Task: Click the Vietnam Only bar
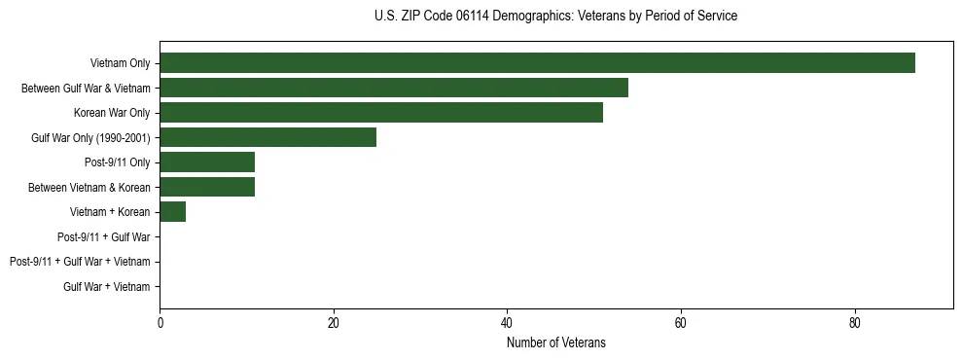click(x=537, y=63)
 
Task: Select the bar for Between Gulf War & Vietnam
click(x=394, y=88)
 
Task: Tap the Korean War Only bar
click(x=381, y=113)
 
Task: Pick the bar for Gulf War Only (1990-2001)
click(x=267, y=137)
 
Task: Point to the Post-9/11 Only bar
click(x=207, y=162)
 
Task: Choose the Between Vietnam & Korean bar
click(x=207, y=187)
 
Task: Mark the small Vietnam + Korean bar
click(x=172, y=212)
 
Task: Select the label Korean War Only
click(x=112, y=113)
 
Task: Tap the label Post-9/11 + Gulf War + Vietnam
click(x=80, y=262)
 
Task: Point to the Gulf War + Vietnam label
click(x=107, y=287)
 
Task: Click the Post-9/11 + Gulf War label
click(x=104, y=236)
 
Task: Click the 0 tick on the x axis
click(x=160, y=324)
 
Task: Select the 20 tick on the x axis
click(x=334, y=324)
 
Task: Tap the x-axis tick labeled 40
click(x=507, y=324)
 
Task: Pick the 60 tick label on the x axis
click(x=681, y=324)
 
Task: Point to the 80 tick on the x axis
click(x=855, y=324)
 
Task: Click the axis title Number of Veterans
click(x=555, y=342)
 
